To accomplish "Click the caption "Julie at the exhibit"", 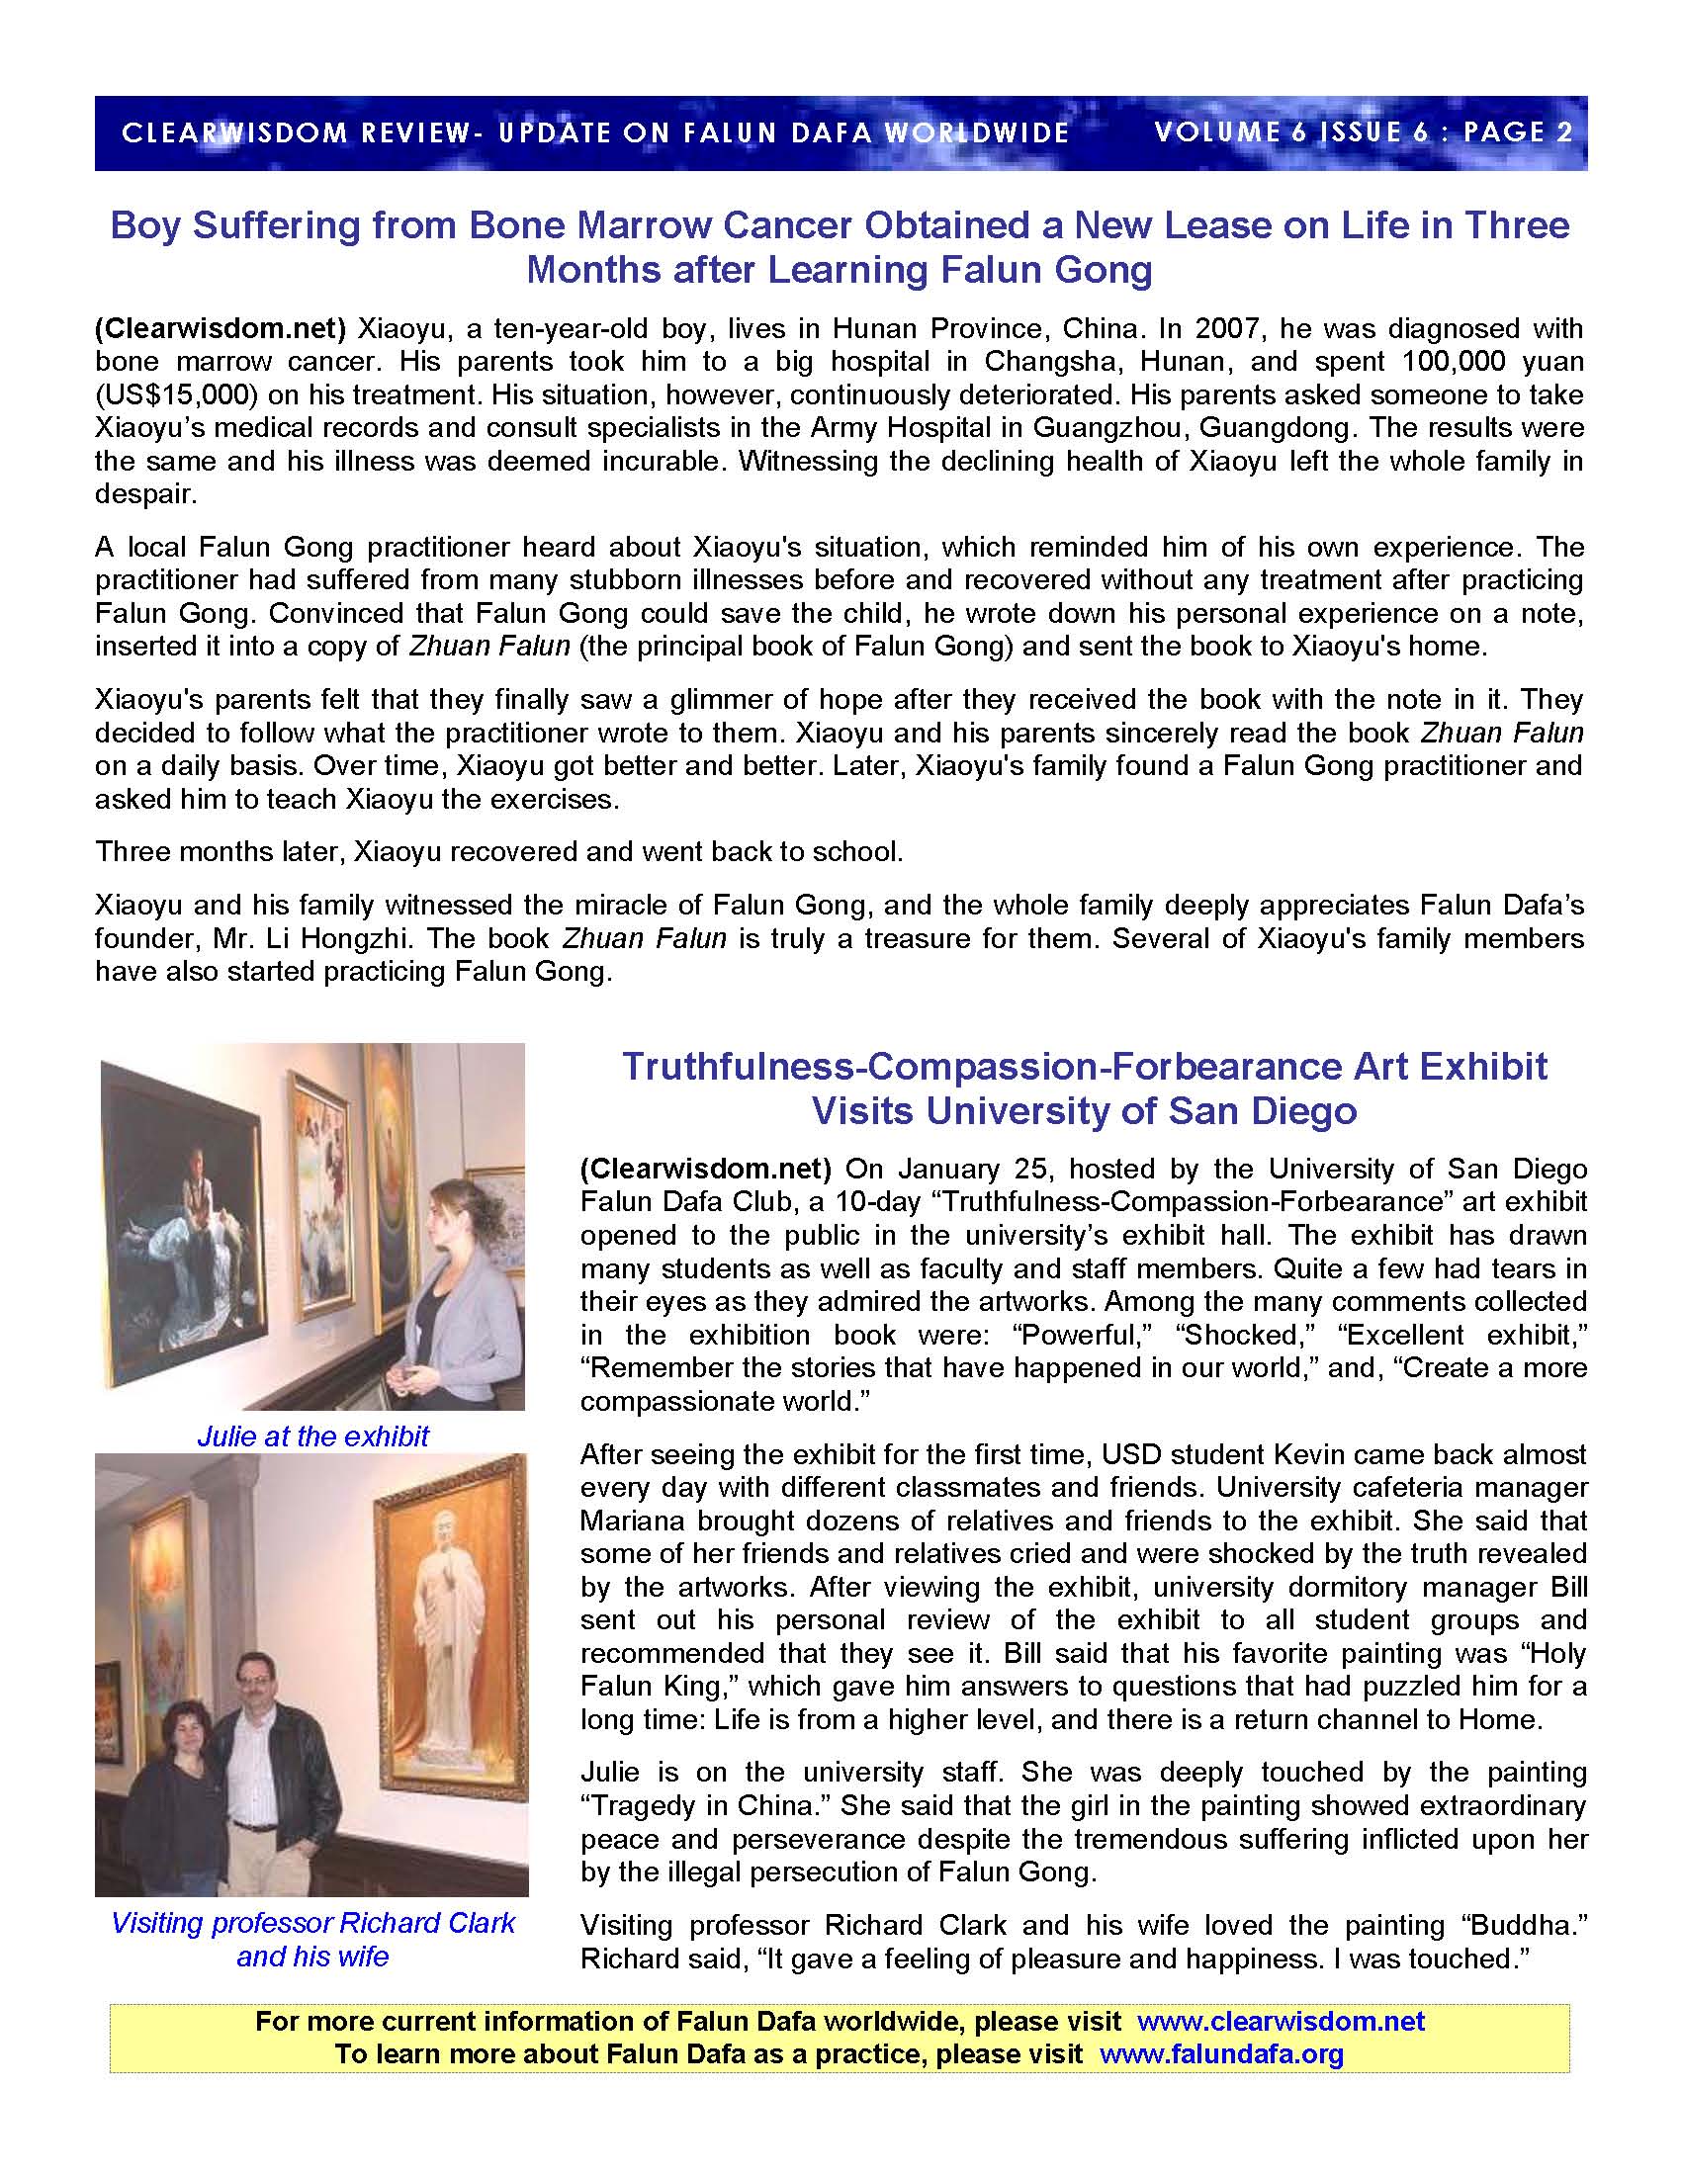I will pos(312,1436).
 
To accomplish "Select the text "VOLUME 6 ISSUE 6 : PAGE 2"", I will pos(1364,132).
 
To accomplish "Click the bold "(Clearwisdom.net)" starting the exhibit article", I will pos(705,1169).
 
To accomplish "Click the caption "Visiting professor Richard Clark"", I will pos(312,1923).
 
